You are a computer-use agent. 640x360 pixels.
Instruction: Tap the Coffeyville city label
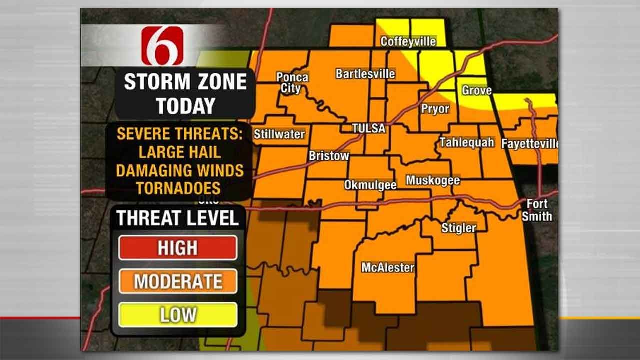(408, 41)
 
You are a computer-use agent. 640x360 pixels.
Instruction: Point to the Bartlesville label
(365, 74)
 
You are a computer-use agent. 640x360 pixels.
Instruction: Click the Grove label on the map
(476, 90)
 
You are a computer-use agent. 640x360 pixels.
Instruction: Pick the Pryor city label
(435, 109)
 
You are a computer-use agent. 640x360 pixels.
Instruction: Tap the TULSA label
(369, 128)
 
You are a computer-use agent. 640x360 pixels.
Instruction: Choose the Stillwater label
(279, 134)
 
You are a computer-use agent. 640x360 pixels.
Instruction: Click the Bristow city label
(329, 156)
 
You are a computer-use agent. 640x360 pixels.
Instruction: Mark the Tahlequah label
(467, 142)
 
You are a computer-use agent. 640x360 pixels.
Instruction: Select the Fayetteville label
(530, 144)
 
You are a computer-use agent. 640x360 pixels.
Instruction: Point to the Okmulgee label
(370, 185)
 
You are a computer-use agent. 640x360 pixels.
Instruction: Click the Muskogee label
(433, 180)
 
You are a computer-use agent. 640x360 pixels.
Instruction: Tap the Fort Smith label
(537, 210)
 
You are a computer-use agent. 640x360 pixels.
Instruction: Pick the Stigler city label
(458, 228)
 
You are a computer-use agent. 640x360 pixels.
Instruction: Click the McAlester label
(388, 267)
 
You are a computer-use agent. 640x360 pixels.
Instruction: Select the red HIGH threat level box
(178, 248)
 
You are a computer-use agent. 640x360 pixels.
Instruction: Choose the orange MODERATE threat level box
(178, 281)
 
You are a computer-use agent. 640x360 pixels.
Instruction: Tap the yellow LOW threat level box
(178, 315)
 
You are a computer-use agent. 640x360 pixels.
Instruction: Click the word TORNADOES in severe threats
(178, 188)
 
